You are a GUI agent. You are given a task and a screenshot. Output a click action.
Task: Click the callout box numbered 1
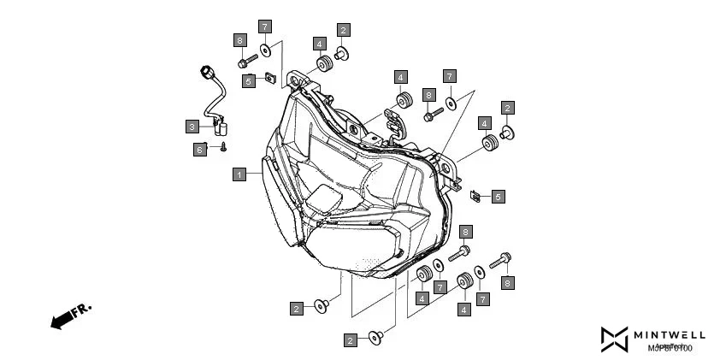(x=240, y=174)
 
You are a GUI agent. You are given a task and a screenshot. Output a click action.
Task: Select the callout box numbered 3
(x=192, y=127)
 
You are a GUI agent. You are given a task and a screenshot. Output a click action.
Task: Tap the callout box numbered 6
(x=199, y=150)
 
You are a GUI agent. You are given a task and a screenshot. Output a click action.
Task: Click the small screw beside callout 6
(x=222, y=147)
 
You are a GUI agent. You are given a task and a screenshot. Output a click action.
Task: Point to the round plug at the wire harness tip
(x=206, y=70)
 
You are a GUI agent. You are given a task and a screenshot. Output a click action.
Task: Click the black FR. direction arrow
(x=61, y=322)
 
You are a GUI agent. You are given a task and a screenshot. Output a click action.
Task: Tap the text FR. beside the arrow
(x=81, y=310)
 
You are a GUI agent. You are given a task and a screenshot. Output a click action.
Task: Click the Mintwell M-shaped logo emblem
(x=614, y=339)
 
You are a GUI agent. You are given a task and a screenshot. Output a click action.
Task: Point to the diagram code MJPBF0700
(x=669, y=348)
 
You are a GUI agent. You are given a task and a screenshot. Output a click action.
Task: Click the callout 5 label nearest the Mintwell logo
(x=498, y=196)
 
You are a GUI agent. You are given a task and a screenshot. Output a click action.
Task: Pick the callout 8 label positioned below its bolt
(x=507, y=281)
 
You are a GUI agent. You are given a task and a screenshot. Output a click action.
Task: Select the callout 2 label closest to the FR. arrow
(x=296, y=308)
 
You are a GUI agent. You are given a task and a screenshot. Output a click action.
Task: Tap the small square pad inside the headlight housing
(x=326, y=198)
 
